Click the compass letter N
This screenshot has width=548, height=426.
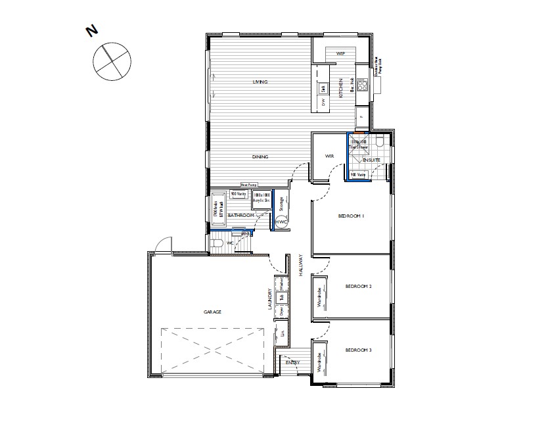click(92, 30)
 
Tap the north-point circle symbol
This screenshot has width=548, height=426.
click(111, 63)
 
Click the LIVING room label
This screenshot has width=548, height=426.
click(261, 82)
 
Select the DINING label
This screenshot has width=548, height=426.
click(260, 156)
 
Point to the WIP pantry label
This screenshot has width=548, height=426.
click(340, 53)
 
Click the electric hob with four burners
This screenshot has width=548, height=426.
click(362, 85)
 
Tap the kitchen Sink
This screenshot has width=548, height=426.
click(323, 88)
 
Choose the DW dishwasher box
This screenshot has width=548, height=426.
click(323, 103)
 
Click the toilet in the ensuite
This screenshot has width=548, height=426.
click(381, 142)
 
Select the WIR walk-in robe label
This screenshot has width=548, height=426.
click(331, 156)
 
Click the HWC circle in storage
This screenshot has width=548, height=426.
click(281, 222)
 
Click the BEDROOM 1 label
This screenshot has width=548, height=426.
click(351, 216)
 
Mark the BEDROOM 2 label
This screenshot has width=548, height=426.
click(359, 287)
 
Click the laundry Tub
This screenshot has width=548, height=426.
click(281, 297)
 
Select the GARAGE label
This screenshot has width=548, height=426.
click(212, 312)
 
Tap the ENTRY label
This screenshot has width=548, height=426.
click(292, 362)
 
